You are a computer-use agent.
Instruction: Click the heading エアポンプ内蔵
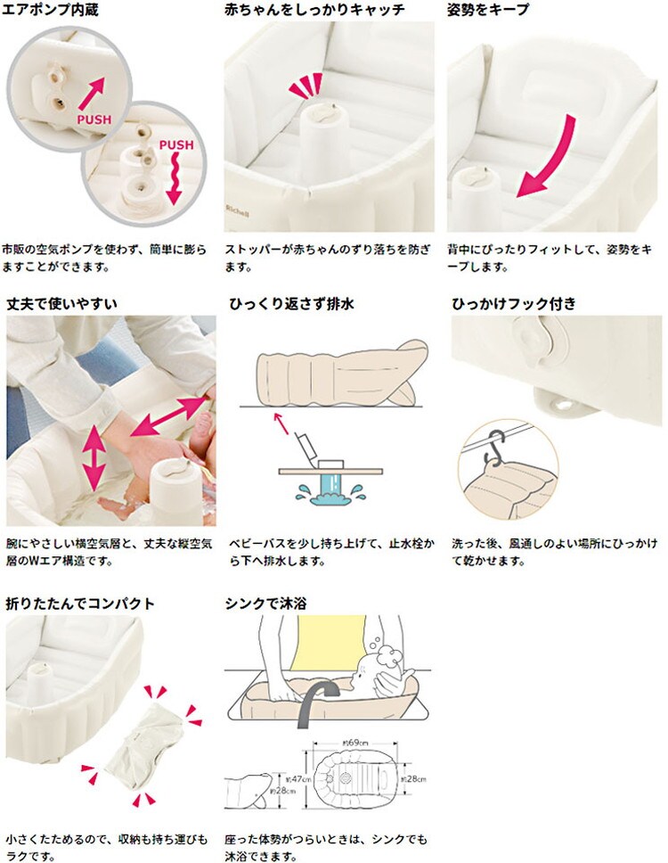50,9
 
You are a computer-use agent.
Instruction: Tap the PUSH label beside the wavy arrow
176,144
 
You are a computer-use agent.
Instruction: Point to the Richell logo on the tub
237,210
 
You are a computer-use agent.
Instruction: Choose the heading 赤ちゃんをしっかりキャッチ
314,9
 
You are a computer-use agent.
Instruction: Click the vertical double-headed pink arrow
94,458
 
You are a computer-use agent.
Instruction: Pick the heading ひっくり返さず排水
291,303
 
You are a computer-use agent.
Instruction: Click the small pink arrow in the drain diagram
281,423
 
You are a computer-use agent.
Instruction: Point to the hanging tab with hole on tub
562,404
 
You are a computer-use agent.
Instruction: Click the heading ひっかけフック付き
514,303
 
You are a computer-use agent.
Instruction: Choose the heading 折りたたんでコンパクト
80,604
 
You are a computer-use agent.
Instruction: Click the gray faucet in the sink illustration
314,701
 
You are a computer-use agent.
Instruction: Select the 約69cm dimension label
355,743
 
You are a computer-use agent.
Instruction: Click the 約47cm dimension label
298,779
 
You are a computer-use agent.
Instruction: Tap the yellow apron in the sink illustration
331,642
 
